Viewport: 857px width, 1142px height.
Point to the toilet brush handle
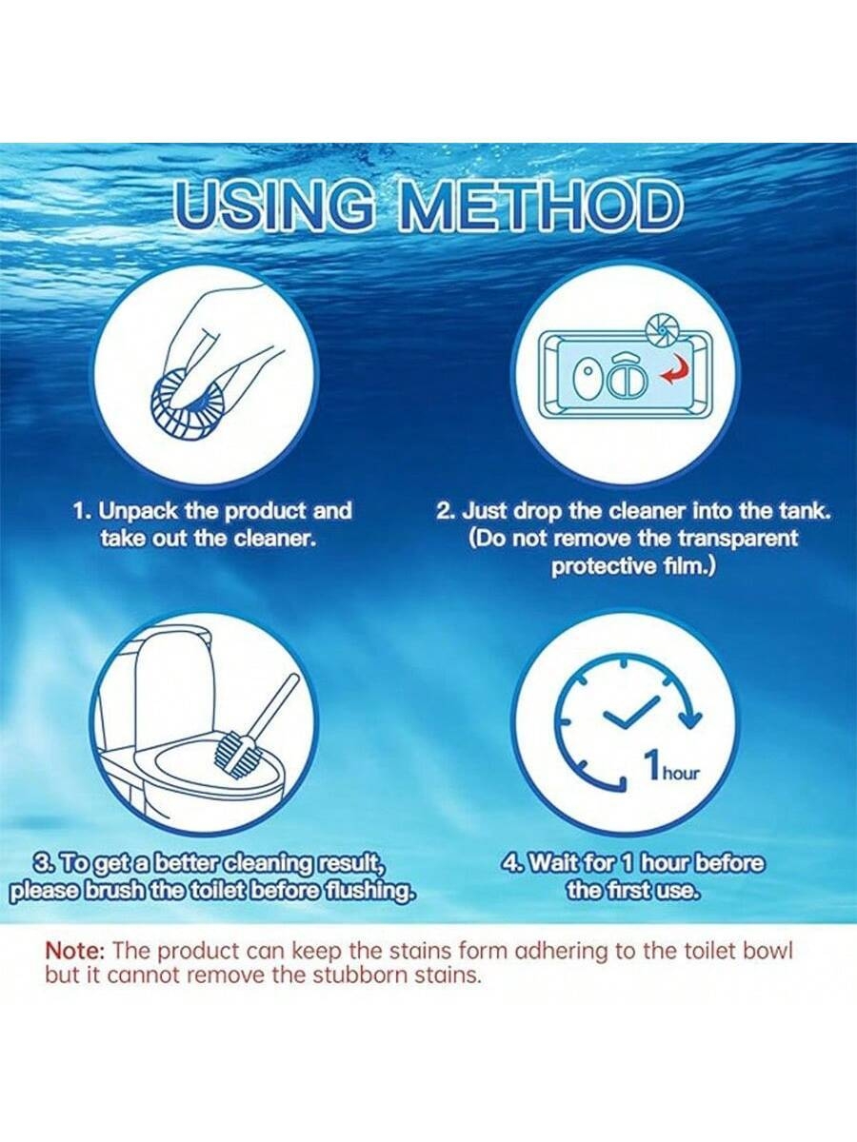click(x=275, y=705)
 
